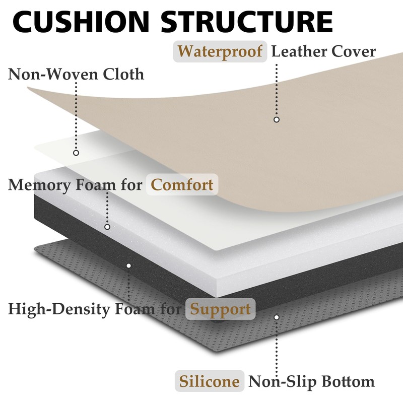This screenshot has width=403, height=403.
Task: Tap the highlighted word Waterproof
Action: [220, 51]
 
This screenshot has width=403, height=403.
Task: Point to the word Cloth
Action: [123, 75]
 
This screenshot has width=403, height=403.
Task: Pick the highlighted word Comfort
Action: [182, 184]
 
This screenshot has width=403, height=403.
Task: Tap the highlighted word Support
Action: [220, 308]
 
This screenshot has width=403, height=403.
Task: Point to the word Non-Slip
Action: [278, 381]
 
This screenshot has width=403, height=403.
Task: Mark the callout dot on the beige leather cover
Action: [276, 120]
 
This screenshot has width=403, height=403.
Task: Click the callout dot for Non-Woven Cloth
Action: [76, 153]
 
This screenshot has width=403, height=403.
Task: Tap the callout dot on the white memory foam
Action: [107, 227]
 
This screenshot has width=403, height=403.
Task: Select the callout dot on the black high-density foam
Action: [128, 265]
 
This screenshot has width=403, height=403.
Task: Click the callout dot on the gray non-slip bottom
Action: [276, 317]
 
